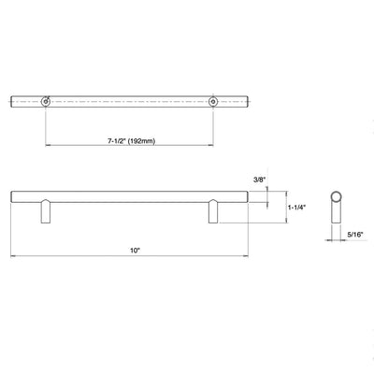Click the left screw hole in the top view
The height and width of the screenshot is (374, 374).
[x=46, y=100]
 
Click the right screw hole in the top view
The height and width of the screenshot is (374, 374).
[x=213, y=100]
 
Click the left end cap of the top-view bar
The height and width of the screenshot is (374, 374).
[x=13, y=100]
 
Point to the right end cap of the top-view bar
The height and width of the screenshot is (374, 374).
[x=249, y=100]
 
